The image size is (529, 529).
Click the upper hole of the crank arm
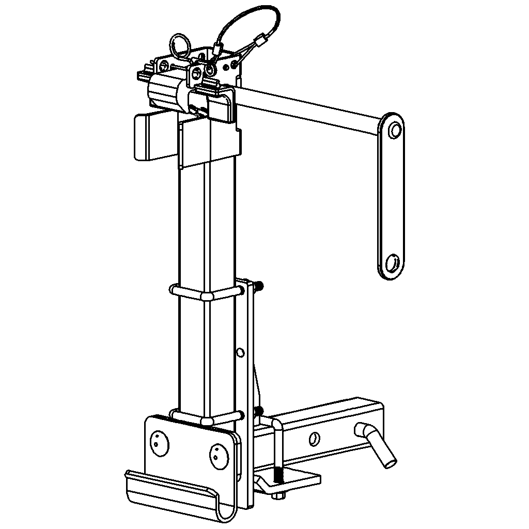tap(395, 129)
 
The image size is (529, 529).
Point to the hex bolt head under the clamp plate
tap(278, 496)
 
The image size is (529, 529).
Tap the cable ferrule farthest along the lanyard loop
tap(262, 39)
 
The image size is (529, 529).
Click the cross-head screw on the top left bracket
tap(164, 65)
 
